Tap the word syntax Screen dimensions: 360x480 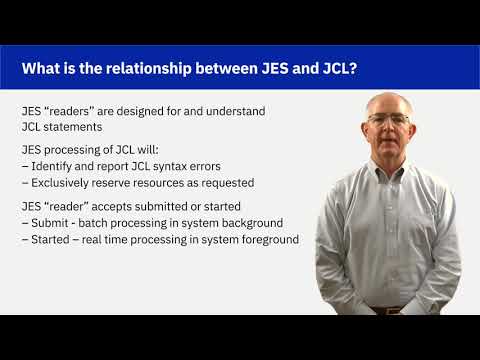point(173,166)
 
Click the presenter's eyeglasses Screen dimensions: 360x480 point(388,119)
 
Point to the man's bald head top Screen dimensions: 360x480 point(388,98)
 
